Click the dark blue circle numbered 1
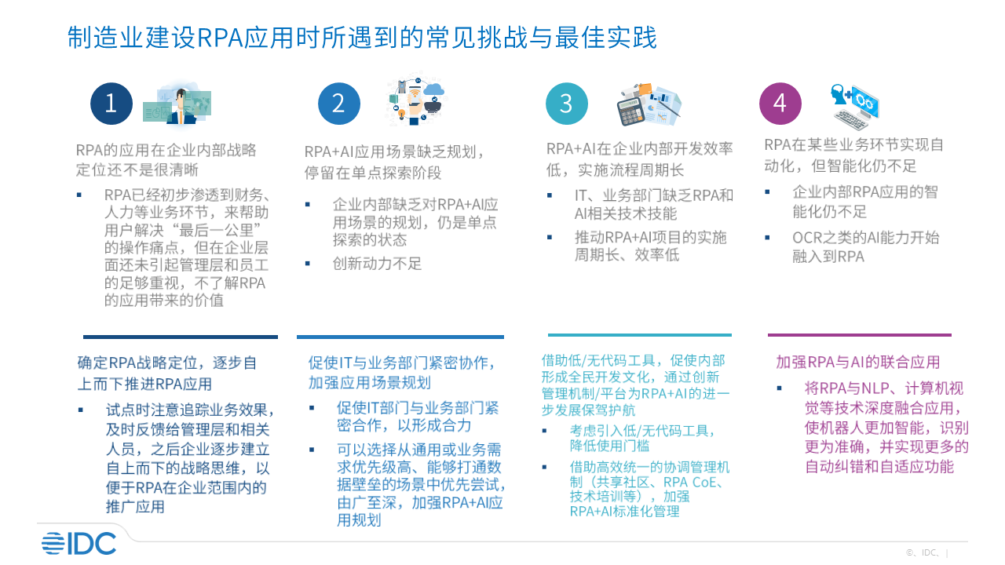pyautogui.click(x=111, y=104)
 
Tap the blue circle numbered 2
pyautogui.click(x=339, y=104)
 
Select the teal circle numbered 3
pyautogui.click(x=567, y=104)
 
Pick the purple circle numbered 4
pyautogui.click(x=780, y=104)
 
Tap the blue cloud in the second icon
pyautogui.click(x=433, y=89)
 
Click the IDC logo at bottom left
pyautogui.click(x=79, y=544)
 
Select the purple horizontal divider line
pyautogui.click(x=860, y=335)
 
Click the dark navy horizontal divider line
pyautogui.click(x=181, y=337)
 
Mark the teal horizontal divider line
pyautogui.click(x=640, y=335)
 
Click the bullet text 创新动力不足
pyautogui.click(x=377, y=264)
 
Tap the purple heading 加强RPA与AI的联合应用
pyautogui.click(x=858, y=363)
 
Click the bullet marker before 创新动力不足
pyautogui.click(x=308, y=264)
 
